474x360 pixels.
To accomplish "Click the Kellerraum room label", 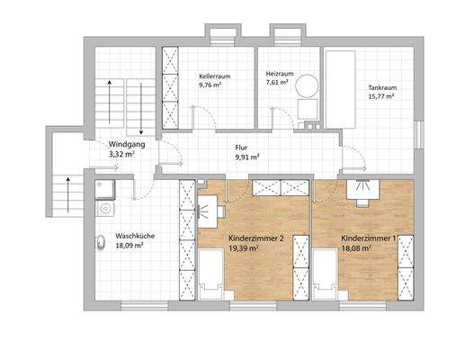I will (x=215, y=77).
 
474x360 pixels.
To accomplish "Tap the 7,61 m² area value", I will (x=276, y=82).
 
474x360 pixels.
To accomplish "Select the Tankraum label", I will (x=382, y=87).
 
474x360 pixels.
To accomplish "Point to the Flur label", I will (x=241, y=147).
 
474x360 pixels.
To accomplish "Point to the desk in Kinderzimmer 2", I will (x=210, y=206).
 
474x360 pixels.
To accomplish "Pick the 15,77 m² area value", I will (x=381, y=97).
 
